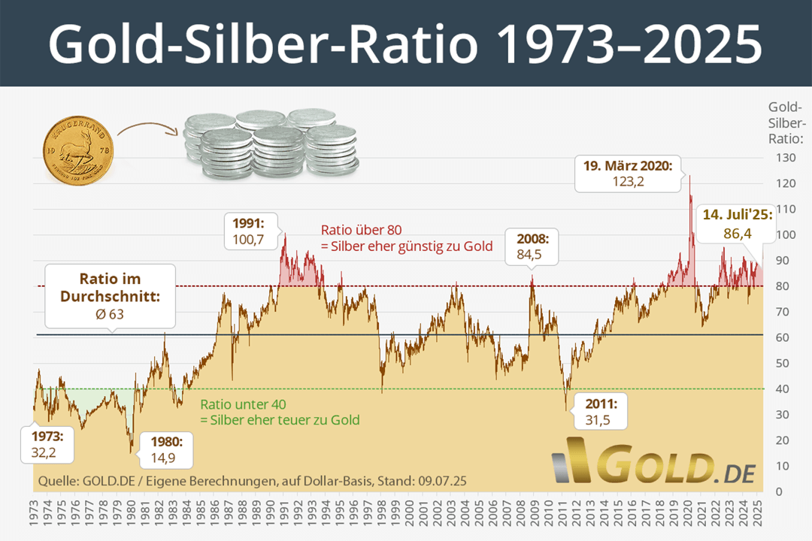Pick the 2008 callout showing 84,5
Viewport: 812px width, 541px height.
pyautogui.click(x=532, y=246)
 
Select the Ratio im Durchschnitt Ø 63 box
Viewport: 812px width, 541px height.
pyautogui.click(x=110, y=295)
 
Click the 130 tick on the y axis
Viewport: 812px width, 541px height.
pyautogui.click(x=783, y=159)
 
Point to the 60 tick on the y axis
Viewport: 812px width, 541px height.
pyautogui.click(x=783, y=338)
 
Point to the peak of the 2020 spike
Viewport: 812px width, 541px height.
pyautogui.click(x=689, y=177)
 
